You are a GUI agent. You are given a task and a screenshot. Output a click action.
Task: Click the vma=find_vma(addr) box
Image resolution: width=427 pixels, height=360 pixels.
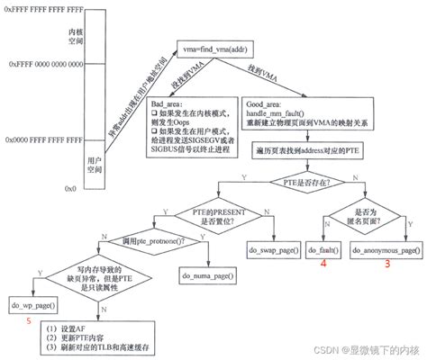click(x=224, y=43)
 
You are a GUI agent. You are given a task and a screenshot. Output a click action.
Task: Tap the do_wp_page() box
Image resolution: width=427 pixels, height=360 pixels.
click(x=29, y=307)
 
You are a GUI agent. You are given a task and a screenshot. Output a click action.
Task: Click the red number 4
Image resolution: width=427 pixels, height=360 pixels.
click(x=323, y=264)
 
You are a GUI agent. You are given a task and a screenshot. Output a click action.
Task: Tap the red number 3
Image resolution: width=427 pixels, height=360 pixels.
click(x=387, y=264)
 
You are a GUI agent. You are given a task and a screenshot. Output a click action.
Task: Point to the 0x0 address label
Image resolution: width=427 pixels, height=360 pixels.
click(x=71, y=188)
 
